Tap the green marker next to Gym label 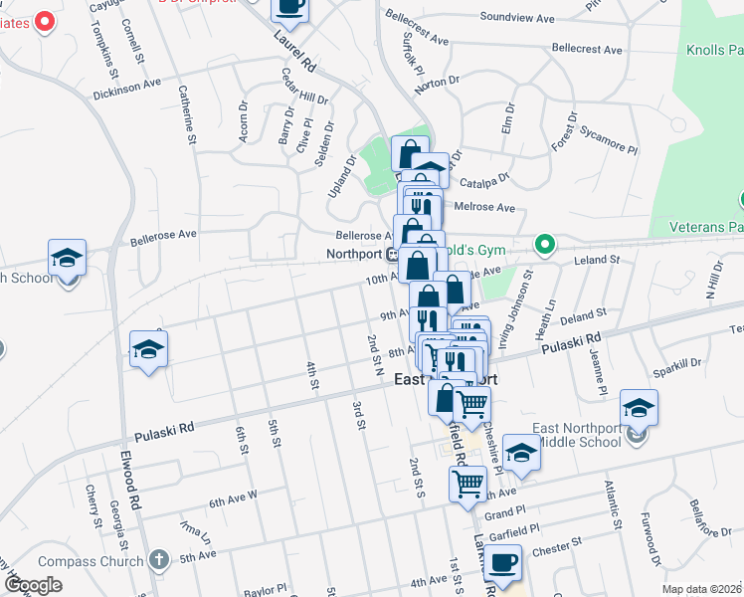[544, 243]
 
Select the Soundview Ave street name [517, 18]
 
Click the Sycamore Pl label [608, 146]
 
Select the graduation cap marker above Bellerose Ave [68, 259]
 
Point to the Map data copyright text [701, 589]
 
